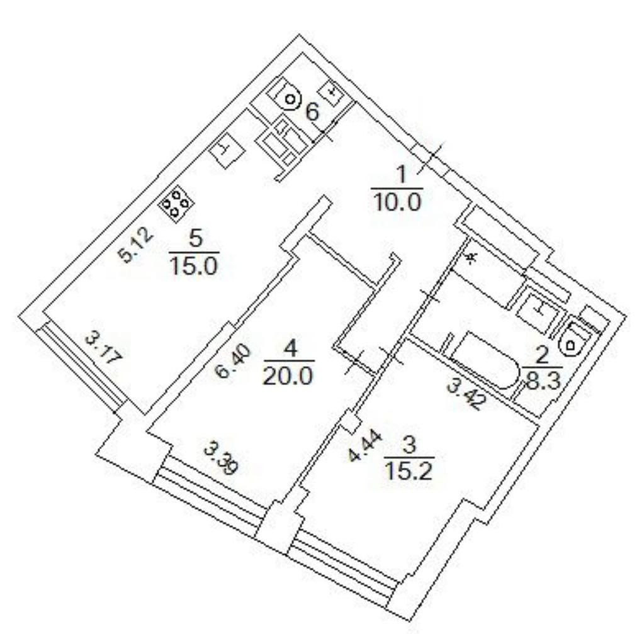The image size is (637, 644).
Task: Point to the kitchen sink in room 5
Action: pyautogui.click(x=227, y=152)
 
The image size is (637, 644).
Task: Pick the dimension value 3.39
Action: pyautogui.click(x=222, y=457)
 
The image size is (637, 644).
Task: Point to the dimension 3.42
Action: pyautogui.click(x=466, y=394)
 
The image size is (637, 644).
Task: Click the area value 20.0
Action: pyautogui.click(x=289, y=376)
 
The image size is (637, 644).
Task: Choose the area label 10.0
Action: pyautogui.click(x=397, y=203)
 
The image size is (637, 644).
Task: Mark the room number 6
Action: pyautogui.click(x=312, y=113)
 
